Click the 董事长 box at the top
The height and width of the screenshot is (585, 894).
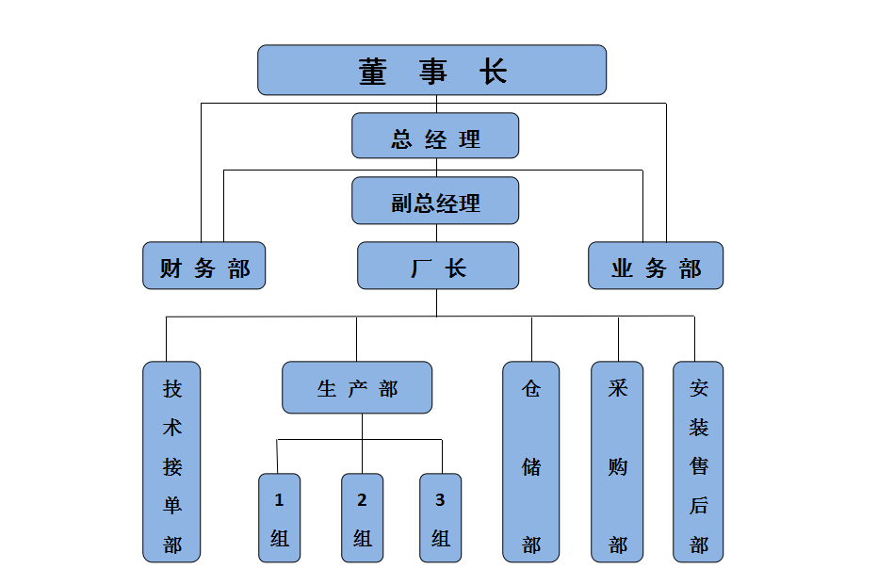click(431, 71)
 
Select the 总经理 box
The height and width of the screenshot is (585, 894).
click(435, 137)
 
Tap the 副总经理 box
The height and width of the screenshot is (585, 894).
click(435, 202)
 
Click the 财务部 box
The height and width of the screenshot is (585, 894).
click(204, 267)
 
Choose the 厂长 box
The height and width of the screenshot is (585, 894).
click(438, 267)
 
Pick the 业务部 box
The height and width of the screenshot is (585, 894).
click(656, 267)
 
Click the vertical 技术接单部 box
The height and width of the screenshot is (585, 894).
click(171, 463)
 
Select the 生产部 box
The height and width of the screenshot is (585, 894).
click(357, 388)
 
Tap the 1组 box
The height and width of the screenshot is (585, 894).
click(279, 518)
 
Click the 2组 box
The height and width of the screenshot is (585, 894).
click(362, 518)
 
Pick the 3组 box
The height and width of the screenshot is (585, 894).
click(440, 518)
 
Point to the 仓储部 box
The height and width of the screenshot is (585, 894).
click(531, 463)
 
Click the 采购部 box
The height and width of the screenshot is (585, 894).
click(618, 463)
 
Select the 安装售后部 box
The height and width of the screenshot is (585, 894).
click(698, 463)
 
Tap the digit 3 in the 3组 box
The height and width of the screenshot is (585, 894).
click(440, 500)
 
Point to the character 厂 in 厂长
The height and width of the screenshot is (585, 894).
click(420, 268)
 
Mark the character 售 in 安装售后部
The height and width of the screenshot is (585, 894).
click(698, 466)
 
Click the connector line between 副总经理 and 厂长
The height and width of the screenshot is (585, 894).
click(436, 234)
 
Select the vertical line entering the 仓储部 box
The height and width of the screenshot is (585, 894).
click(531, 339)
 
